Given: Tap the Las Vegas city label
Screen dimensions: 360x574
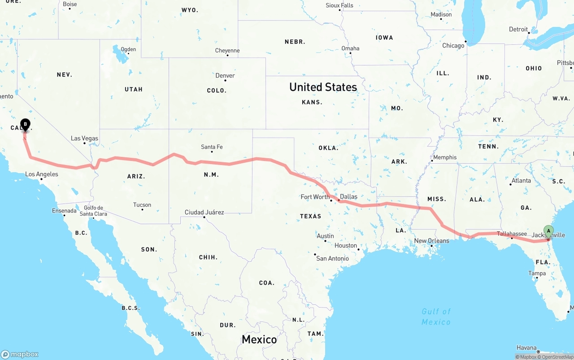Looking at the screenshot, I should [84, 138].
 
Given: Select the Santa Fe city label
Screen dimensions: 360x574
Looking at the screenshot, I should [212, 147].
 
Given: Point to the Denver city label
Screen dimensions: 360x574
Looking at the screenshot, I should [225, 75].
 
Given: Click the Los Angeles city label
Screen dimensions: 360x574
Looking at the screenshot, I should [41, 174].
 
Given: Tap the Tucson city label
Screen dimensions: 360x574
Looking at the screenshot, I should [142, 205].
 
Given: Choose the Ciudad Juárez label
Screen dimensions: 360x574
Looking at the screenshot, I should [204, 212].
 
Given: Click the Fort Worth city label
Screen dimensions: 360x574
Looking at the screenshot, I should [315, 197].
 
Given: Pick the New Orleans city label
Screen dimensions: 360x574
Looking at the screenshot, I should [431, 241].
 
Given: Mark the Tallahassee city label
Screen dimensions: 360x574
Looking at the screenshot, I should [512, 234].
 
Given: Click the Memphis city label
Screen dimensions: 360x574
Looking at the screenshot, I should [445, 157].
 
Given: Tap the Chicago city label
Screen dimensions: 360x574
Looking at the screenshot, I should [453, 46].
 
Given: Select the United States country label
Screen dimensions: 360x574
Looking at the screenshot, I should [323, 87].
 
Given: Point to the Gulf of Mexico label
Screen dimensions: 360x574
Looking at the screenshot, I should [436, 317].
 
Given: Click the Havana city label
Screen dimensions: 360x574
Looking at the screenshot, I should [526, 347].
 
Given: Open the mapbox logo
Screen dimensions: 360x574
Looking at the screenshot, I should [19, 354].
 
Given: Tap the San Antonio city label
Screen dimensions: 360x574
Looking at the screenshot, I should [332, 258].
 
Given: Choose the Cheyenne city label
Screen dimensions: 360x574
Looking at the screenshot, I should [227, 51].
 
